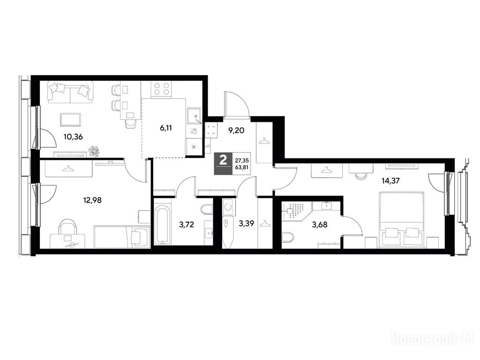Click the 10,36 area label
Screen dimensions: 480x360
73,136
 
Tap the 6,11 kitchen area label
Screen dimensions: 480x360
165,128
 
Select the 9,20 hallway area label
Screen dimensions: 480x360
236,131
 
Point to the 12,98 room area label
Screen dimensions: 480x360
92,200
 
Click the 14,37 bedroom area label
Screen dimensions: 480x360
390,180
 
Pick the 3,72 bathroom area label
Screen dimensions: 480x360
187,225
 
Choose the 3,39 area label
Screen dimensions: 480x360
247,224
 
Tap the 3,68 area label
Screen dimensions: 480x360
320,225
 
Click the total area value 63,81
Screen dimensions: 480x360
241,167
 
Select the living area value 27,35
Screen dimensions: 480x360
241,160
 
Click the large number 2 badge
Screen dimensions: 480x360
223,160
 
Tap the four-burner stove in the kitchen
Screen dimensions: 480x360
162,89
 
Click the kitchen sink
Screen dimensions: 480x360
194,116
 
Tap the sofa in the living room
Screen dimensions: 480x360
70,92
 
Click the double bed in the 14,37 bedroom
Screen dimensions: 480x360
401,219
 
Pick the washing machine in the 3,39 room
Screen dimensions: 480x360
228,207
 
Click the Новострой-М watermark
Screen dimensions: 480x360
435,339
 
